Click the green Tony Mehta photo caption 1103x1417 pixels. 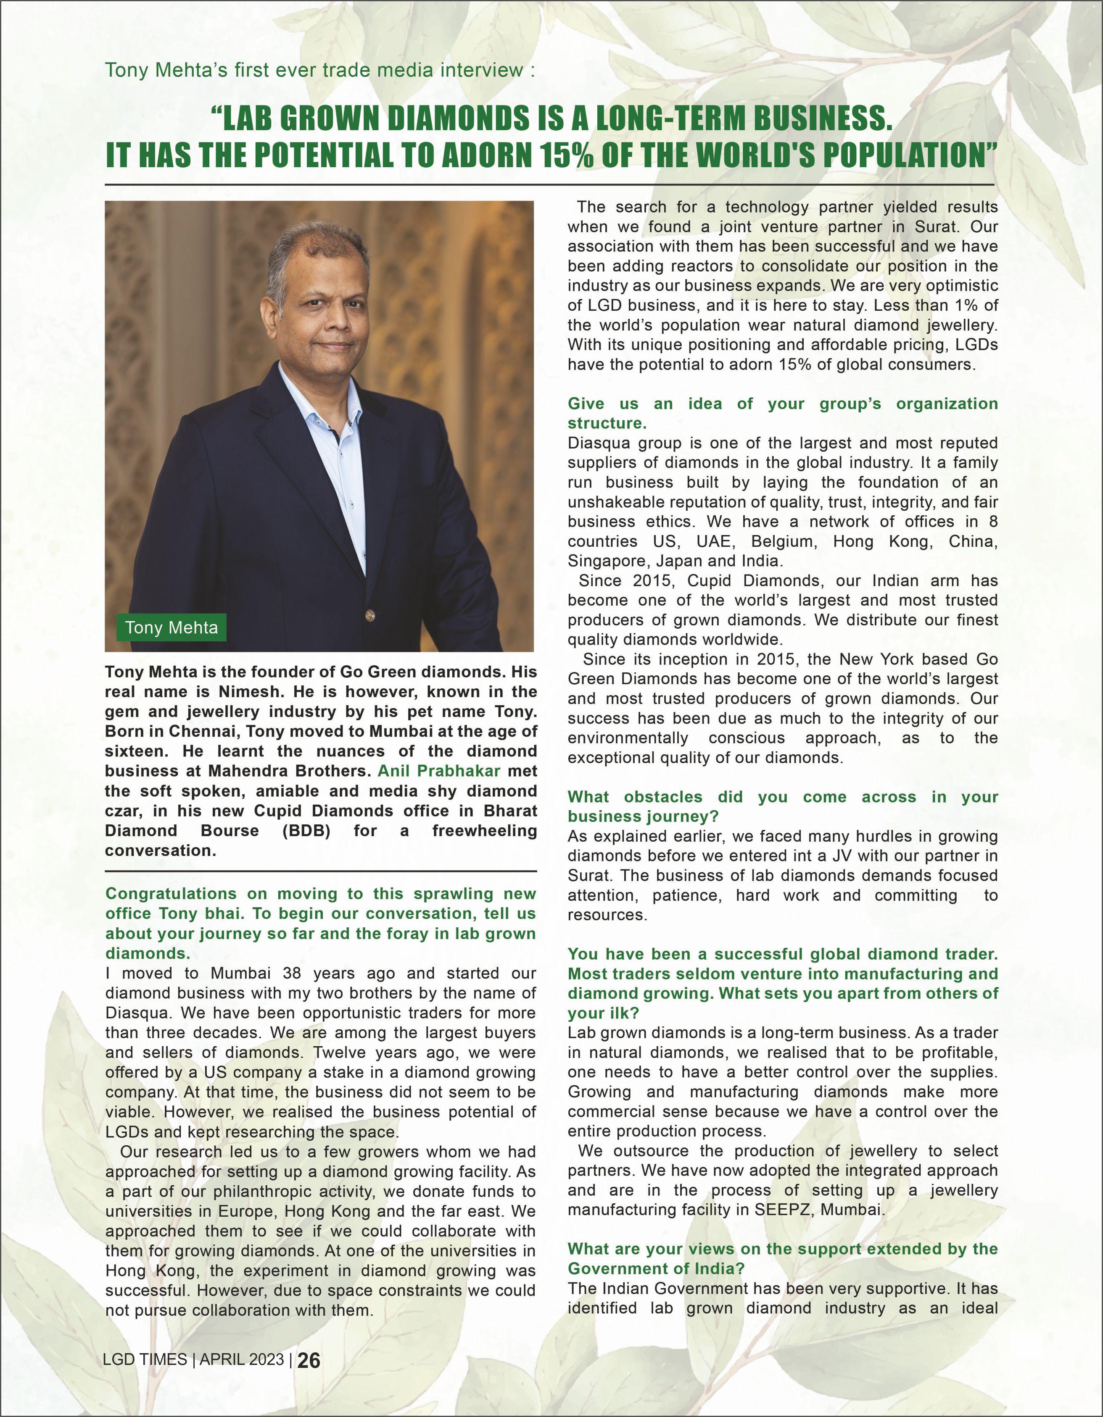pos(172,627)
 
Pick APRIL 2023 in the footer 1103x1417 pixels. pos(242,1360)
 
